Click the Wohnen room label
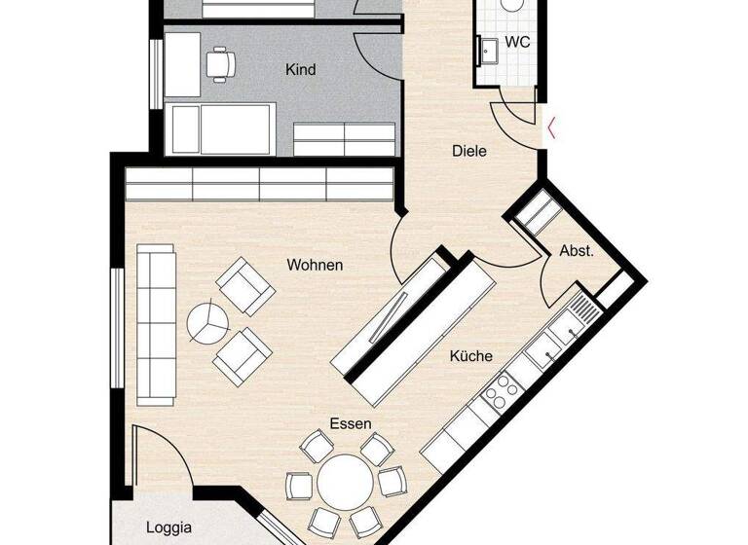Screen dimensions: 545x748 (315, 265)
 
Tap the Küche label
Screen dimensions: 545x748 (470, 356)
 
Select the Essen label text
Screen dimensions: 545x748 (351, 423)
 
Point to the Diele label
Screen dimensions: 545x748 (468, 151)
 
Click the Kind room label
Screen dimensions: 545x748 (300, 70)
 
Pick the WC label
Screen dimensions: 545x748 (519, 43)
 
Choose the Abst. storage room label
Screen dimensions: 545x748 (576, 251)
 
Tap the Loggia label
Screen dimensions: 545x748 (168, 529)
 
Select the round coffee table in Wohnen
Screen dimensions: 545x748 (206, 322)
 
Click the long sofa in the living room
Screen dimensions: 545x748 (156, 324)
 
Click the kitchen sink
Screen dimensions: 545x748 (581, 311)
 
